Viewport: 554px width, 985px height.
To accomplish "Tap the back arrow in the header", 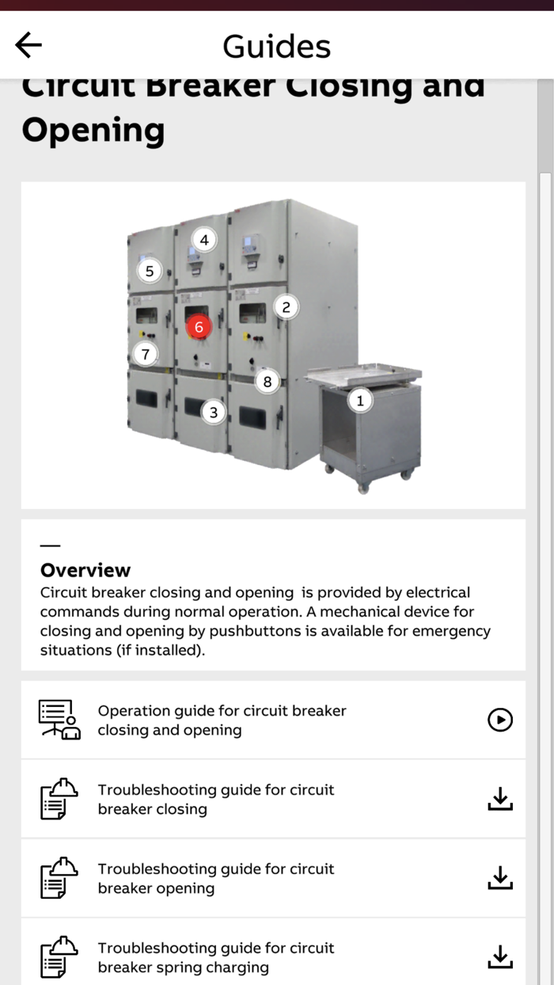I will point(28,45).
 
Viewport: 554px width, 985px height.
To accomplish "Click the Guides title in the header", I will point(276,46).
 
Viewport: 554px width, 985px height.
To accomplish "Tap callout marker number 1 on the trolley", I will point(360,401).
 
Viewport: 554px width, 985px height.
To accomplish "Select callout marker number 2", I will point(286,307).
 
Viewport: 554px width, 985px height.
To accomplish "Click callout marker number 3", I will point(213,413).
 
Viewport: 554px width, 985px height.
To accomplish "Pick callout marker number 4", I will point(204,239).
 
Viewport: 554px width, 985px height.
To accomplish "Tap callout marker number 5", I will point(149,272).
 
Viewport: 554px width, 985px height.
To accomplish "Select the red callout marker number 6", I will point(199,327).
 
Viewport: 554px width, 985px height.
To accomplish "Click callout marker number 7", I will point(145,355).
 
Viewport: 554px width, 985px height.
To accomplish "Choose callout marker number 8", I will point(268,382).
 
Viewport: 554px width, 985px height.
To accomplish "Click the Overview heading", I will point(85,570).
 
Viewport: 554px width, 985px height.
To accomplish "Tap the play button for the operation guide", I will point(500,720).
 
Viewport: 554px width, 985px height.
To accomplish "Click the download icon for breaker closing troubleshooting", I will point(500,799).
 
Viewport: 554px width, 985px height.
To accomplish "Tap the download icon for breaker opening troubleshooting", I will point(500,878).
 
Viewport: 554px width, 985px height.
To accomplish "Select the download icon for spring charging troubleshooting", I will point(500,957).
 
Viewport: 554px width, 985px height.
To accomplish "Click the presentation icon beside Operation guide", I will point(59,720).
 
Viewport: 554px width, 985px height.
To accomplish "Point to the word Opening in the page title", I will point(93,130).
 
